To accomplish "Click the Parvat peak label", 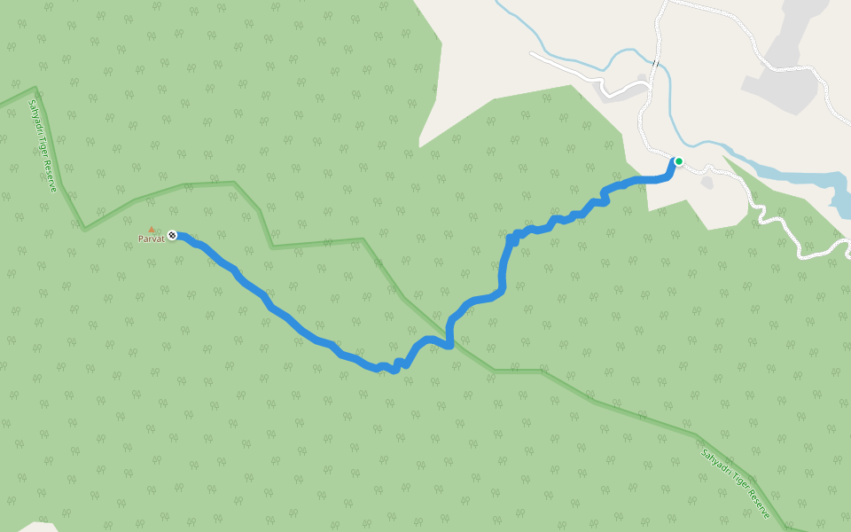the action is click(151, 239).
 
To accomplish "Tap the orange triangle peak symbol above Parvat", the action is click(152, 229).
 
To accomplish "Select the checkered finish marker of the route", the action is click(172, 235).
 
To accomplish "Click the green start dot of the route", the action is click(678, 161).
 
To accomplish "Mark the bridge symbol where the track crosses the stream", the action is click(655, 64).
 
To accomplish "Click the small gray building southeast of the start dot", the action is click(707, 183).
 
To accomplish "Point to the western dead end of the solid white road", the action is click(532, 54).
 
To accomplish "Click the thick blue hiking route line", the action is click(293, 324).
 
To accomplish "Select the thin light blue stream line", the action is click(567, 53).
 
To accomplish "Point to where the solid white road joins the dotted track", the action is click(652, 84).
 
